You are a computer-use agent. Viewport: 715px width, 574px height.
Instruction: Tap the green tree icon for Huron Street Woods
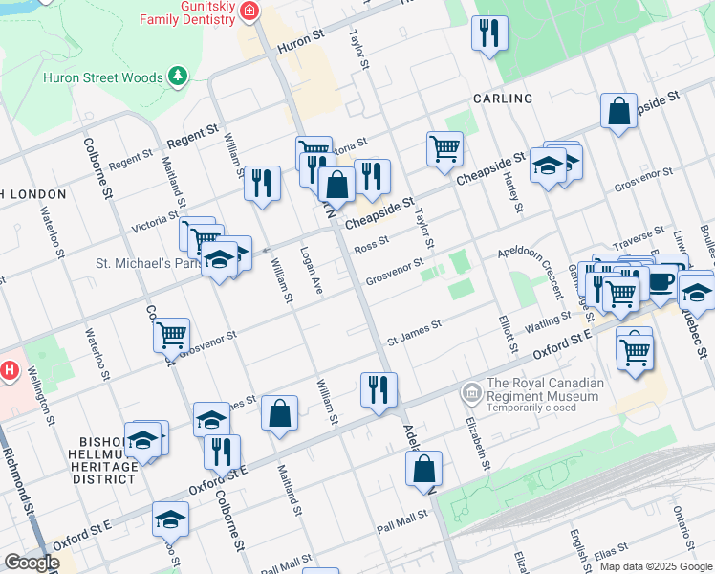click(x=176, y=75)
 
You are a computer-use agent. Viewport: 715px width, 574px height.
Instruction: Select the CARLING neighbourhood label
click(x=502, y=99)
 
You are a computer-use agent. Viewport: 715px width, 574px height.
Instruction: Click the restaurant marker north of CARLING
click(x=489, y=33)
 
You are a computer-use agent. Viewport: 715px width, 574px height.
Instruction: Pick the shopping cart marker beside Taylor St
click(x=444, y=149)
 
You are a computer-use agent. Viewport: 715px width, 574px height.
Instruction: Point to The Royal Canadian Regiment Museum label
click(x=546, y=390)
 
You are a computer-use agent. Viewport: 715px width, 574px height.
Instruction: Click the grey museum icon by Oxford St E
click(x=471, y=391)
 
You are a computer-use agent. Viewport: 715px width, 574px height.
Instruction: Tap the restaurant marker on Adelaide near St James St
click(x=379, y=389)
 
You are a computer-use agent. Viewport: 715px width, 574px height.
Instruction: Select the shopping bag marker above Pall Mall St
click(x=423, y=469)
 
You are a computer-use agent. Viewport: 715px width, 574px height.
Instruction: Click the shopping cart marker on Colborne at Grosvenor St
click(x=171, y=336)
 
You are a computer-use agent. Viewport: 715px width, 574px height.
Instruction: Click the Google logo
click(x=32, y=563)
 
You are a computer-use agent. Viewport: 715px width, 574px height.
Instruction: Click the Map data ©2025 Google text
click(x=655, y=566)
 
